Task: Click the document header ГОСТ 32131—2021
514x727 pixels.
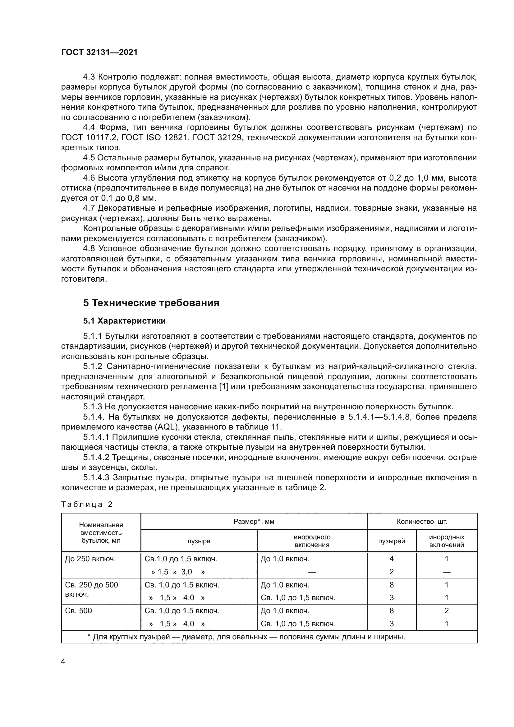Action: [99, 52]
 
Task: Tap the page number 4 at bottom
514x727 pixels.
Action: [63, 661]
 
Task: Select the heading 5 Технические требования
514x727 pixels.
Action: [151, 303]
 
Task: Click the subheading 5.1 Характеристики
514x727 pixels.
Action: [124, 321]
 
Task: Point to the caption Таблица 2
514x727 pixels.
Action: [87, 504]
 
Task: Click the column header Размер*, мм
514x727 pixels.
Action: [254, 522]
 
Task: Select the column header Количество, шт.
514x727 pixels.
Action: [422, 522]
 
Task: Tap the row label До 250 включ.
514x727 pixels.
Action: [90, 559]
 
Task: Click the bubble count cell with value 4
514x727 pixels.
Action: [392, 559]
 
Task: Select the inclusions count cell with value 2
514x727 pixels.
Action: [447, 610]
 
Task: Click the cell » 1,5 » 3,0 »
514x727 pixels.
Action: [177, 572]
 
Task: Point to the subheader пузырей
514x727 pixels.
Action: [392, 541]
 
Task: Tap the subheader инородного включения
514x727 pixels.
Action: [312, 541]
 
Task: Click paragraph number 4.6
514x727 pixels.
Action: [89, 178]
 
